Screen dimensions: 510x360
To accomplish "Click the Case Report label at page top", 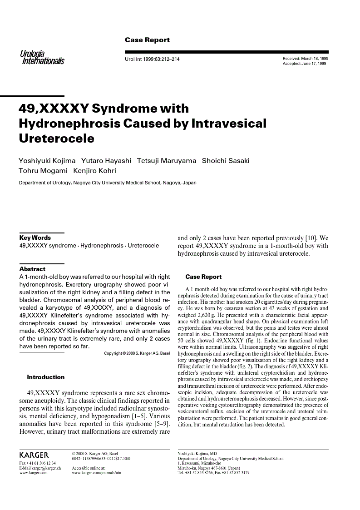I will click(x=147, y=40).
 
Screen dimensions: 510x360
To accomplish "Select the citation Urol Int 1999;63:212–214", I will click(x=152, y=59).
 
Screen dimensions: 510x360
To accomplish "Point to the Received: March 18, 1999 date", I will click(x=306, y=59).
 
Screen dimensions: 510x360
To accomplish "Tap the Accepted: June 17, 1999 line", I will click(x=304, y=64).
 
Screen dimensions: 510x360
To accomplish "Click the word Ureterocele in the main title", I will click(x=56, y=139).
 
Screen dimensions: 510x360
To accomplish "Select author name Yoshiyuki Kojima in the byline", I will click(x=47, y=161).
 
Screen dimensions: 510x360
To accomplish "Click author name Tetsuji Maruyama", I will click(x=167, y=161).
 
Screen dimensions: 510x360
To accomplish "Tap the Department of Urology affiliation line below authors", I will click(x=108, y=183).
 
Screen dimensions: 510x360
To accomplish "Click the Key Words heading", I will click(x=35, y=238).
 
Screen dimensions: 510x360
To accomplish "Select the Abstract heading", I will click(x=32, y=269).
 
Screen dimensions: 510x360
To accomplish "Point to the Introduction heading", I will click(x=46, y=377).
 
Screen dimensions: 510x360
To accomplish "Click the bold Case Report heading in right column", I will click(x=203, y=277).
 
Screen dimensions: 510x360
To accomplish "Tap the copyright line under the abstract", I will click(x=137, y=353).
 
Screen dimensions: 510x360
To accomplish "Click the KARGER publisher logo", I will click(x=34, y=455).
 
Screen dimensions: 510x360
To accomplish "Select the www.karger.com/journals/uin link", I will click(x=96, y=472).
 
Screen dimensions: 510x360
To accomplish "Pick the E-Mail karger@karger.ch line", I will click(x=40, y=468).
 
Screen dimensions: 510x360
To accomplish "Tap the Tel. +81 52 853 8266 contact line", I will click(x=213, y=472).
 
